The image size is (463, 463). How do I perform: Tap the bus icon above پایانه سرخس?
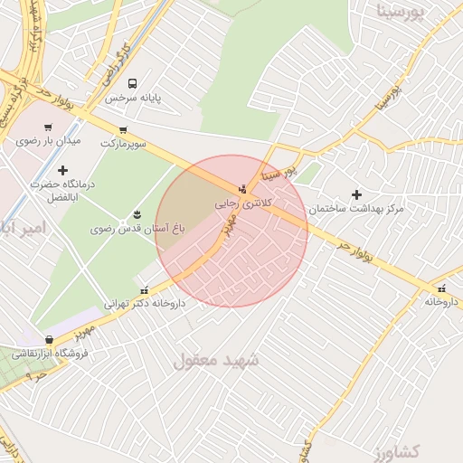click(x=133, y=83)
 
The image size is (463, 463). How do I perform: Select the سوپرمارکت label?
click(x=123, y=143)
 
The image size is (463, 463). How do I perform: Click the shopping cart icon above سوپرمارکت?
click(x=123, y=129)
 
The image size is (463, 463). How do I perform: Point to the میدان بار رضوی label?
click(x=48, y=141)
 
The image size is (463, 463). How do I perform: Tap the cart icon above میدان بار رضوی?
click(x=48, y=128)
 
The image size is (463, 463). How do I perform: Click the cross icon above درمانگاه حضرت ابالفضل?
click(x=62, y=169)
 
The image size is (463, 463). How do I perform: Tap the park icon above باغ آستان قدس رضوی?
click(x=137, y=214)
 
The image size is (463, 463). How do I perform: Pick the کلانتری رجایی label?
click(x=241, y=204)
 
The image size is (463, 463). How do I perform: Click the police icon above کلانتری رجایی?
click(x=241, y=190)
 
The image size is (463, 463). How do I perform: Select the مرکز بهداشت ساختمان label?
click(x=355, y=209)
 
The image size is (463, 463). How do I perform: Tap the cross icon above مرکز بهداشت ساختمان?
click(x=356, y=194)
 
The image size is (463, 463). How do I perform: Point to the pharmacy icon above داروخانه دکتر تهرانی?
click(x=145, y=290)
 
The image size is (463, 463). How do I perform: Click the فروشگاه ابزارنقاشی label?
click(x=50, y=354)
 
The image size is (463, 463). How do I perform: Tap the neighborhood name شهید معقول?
click(x=216, y=361)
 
